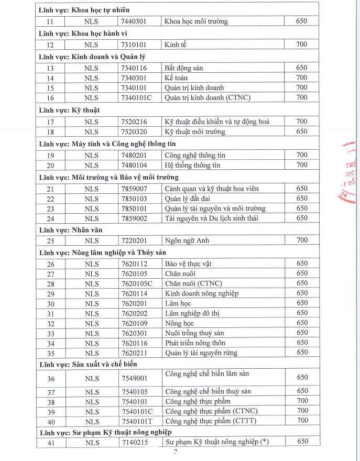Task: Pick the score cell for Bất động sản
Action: (301, 68)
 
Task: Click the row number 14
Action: (50, 78)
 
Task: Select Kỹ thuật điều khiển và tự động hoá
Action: (216, 122)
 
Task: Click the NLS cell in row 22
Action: (91, 199)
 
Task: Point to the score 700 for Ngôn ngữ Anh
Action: (301, 240)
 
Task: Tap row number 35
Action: (50, 353)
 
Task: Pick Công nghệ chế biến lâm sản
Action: (206, 374)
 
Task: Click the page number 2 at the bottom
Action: (176, 454)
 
